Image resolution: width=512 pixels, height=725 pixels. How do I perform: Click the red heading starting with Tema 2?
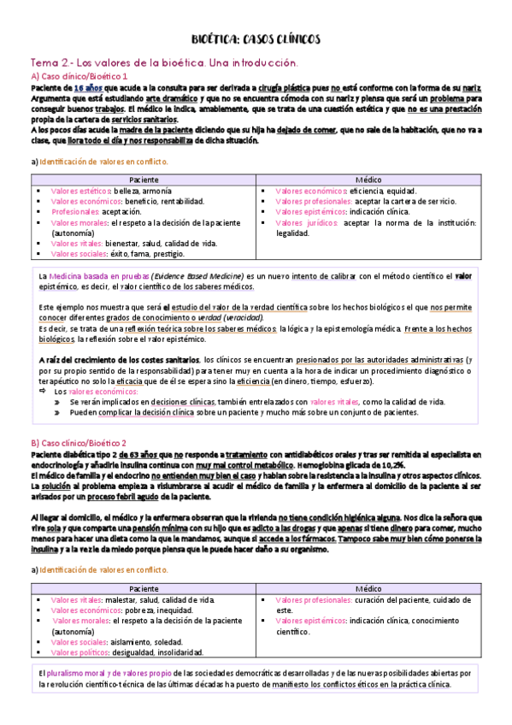(163, 63)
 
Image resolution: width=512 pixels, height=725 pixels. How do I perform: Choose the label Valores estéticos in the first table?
(81, 191)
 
